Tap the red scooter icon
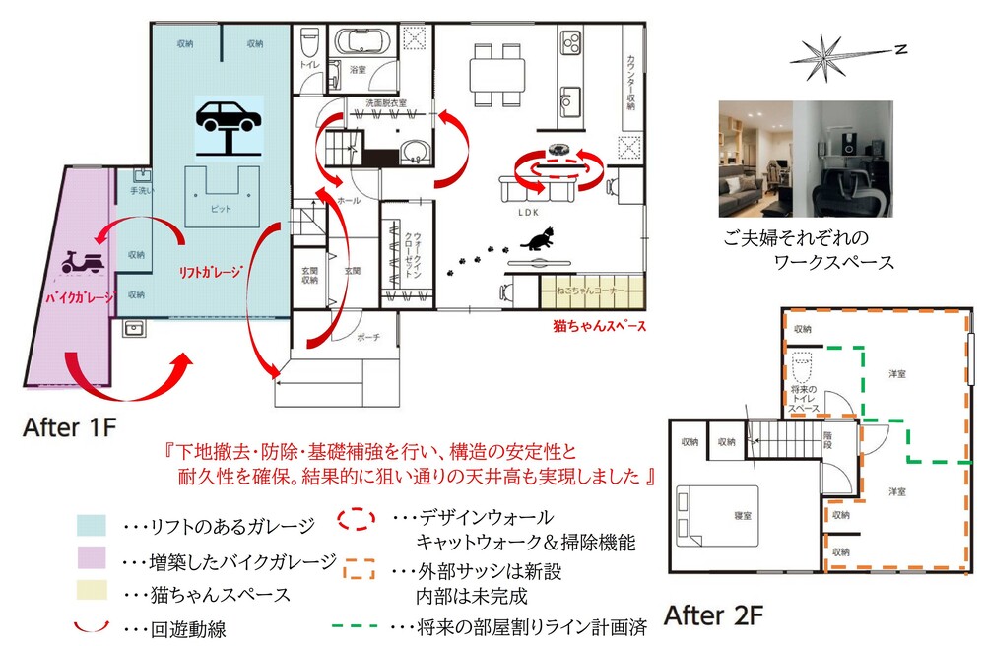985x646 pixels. (x=83, y=262)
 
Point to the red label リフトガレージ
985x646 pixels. (x=210, y=274)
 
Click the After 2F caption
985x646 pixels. (x=713, y=616)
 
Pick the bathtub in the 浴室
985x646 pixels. (x=365, y=42)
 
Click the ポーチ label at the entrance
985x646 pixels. (x=370, y=336)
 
